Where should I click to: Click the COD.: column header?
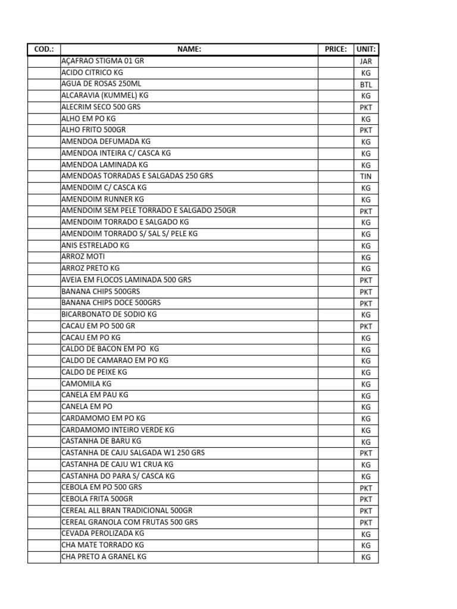tap(44, 49)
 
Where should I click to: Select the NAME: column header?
tap(189, 49)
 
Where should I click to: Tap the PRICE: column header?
tap(336, 49)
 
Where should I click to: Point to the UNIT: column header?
tap(366, 49)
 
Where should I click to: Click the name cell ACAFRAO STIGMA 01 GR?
tap(102, 61)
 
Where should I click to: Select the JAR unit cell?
tap(366, 61)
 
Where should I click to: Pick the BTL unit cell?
tap(366, 84)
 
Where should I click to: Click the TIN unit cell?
tap(366, 177)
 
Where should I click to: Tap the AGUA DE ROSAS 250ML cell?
tap(101, 84)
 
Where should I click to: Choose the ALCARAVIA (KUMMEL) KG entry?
tap(105, 95)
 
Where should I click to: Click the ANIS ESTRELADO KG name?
tap(95, 245)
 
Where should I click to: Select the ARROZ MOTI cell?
tap(83, 256)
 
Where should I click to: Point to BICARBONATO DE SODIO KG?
tap(109, 314)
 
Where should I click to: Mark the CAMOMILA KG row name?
tap(86, 384)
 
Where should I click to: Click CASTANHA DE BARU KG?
tap(101, 441)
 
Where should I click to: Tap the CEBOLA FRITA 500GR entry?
tap(97, 499)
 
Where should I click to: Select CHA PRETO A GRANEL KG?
tap(104, 557)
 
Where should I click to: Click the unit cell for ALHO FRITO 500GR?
tap(366, 130)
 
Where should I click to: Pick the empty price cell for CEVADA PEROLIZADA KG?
tap(336, 534)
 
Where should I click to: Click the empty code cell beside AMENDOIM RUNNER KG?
tap(44, 199)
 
